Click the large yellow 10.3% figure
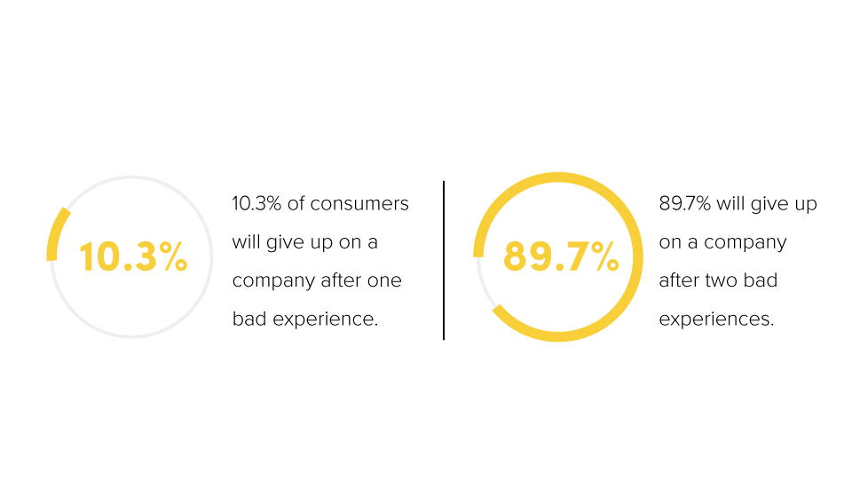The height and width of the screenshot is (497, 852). (x=134, y=256)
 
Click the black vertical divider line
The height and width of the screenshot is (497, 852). (x=444, y=260)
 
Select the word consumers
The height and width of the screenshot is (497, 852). (x=359, y=204)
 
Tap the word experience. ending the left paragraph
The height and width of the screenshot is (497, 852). (x=325, y=319)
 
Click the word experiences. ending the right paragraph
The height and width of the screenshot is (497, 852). (x=716, y=319)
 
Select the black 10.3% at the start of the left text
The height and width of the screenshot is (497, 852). (x=256, y=204)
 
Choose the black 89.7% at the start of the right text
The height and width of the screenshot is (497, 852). (x=684, y=204)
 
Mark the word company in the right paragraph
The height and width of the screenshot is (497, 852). (x=745, y=243)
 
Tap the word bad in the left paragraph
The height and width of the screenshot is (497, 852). (x=249, y=319)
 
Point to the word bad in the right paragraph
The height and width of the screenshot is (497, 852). (x=761, y=280)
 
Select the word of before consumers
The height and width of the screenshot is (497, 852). (x=296, y=203)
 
